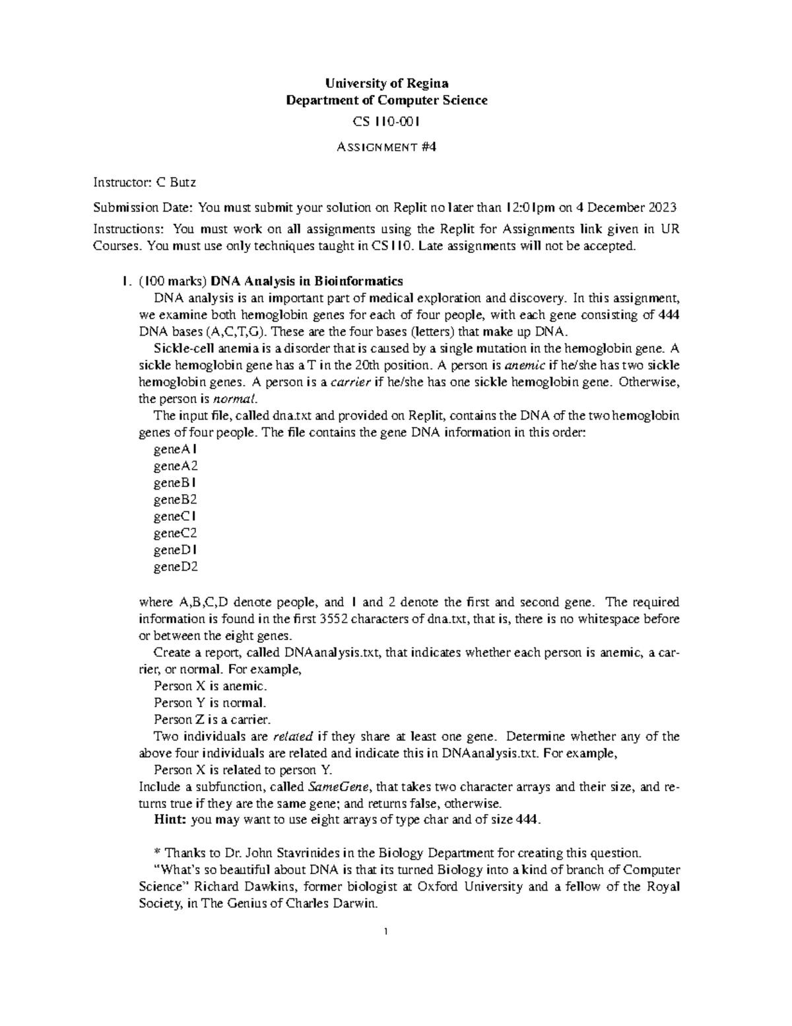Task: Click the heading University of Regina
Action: pyautogui.click(x=386, y=83)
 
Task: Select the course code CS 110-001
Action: pyautogui.click(x=386, y=122)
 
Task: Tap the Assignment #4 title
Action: pyautogui.click(x=386, y=147)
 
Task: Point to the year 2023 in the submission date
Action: pyautogui.click(x=663, y=208)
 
